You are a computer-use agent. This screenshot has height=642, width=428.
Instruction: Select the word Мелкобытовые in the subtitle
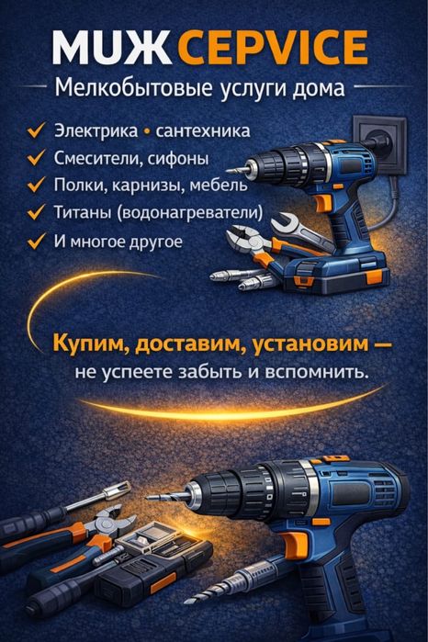pyautogui.click(x=116, y=90)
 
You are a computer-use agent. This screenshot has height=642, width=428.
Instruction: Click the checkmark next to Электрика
pyautogui.click(x=37, y=130)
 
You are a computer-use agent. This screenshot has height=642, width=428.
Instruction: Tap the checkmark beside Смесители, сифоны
pyautogui.click(x=37, y=158)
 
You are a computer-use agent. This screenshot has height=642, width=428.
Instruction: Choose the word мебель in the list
pyautogui.click(x=220, y=186)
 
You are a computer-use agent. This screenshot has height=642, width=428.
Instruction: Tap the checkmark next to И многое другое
pyautogui.click(x=37, y=241)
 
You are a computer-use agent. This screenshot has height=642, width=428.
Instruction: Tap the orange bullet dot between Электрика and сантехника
pyautogui.click(x=147, y=131)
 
